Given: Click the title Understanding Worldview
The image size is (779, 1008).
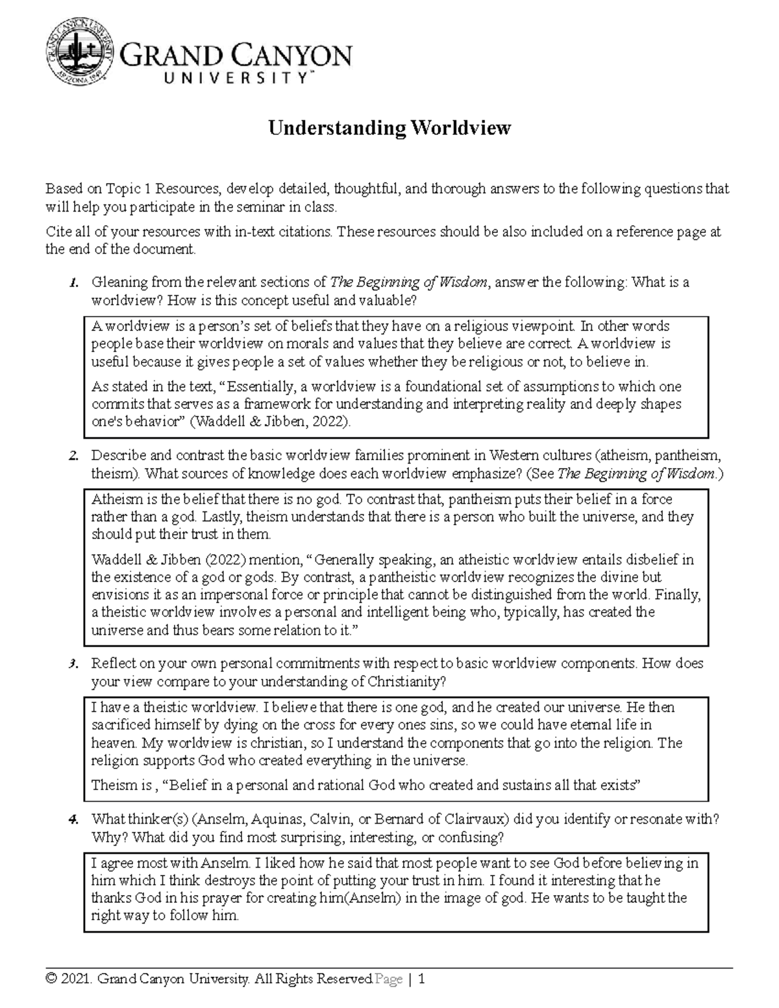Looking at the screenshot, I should pyautogui.click(x=389, y=128).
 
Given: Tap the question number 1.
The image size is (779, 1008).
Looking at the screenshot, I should pyautogui.click(x=73, y=283).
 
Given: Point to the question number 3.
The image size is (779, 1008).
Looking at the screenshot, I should pyautogui.click(x=73, y=664).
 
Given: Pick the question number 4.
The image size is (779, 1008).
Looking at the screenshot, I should pyautogui.click(x=73, y=820).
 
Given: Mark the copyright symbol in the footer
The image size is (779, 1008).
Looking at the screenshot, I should pyautogui.click(x=50, y=979).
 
